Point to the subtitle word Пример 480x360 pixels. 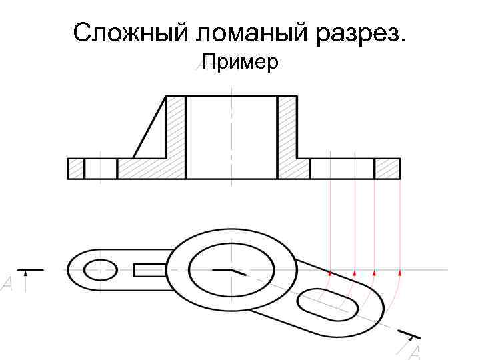tap(240, 63)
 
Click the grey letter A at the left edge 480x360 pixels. tap(7, 285)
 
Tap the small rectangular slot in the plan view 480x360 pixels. tap(150, 269)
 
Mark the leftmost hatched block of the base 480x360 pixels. tap(76, 169)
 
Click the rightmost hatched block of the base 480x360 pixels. tap(387, 169)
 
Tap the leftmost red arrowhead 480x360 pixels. tap(330, 273)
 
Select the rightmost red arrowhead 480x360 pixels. tap(399, 272)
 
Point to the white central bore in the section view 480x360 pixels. tap(231, 137)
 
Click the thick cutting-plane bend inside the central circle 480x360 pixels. tap(230, 271)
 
